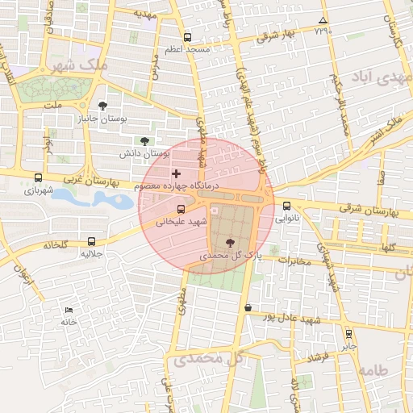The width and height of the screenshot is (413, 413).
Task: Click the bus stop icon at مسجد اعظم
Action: (x=188, y=37)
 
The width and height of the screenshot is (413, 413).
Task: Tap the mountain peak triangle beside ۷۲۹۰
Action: (x=323, y=21)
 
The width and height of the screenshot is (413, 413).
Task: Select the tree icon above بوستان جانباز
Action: (x=102, y=106)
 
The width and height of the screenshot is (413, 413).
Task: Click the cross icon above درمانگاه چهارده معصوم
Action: (x=177, y=173)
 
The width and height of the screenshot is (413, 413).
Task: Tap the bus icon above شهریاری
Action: (x=38, y=178)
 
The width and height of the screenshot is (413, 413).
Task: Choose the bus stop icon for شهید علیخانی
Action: (x=181, y=210)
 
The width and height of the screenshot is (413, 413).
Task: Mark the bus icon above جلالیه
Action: (x=90, y=241)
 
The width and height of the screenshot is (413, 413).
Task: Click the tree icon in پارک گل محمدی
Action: (x=232, y=242)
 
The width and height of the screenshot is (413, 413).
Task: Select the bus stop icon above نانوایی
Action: (x=287, y=206)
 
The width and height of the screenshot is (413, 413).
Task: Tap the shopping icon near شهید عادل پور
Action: (x=247, y=308)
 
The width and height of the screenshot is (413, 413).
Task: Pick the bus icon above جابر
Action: (x=348, y=333)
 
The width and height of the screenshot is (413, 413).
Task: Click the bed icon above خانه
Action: (x=69, y=310)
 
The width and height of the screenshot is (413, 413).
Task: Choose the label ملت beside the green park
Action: (x=53, y=106)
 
